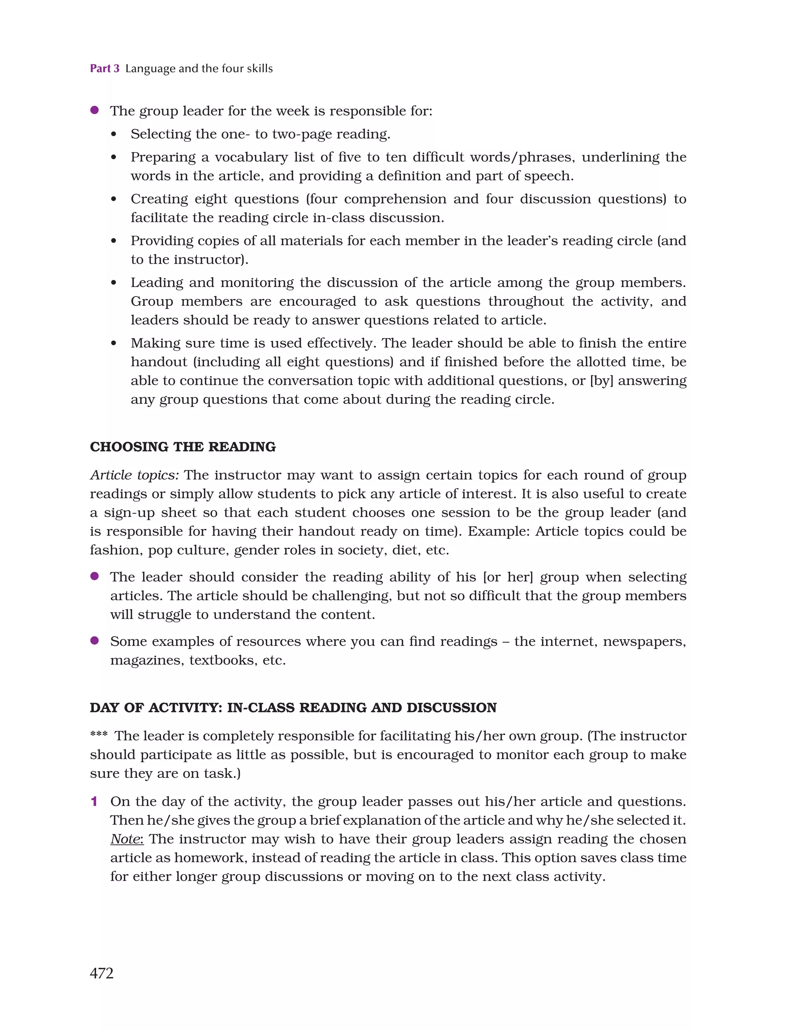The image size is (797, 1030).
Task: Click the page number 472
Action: pos(102,973)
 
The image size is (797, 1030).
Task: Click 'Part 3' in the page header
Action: pos(104,69)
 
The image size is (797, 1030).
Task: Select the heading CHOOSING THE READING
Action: pos(183,446)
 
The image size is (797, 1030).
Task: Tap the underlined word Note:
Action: pos(127,839)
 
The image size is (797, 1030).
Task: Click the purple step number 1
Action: pos(94,801)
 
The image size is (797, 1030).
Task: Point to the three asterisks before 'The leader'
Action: pos(98,734)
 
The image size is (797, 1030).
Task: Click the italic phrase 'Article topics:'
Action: pos(134,475)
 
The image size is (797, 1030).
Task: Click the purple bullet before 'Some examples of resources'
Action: pos(94,640)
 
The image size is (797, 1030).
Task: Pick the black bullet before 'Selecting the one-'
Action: pos(114,134)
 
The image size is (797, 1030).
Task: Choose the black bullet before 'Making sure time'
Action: pos(114,343)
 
